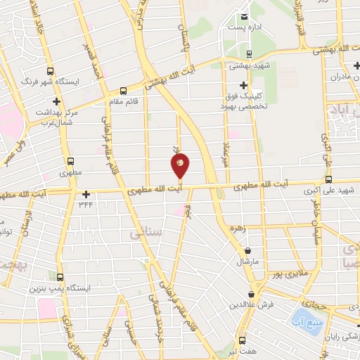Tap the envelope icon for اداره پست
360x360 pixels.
coord(244,17)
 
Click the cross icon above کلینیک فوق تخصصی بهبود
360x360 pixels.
coord(243,84)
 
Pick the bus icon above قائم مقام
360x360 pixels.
coord(124,91)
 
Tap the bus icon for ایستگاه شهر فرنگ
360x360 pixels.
coord(50,71)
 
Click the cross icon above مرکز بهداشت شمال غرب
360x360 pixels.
coord(47,101)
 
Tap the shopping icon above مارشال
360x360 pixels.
coord(247,251)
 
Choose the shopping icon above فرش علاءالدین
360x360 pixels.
coord(251,295)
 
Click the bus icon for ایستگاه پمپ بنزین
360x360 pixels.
coord(60,277)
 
